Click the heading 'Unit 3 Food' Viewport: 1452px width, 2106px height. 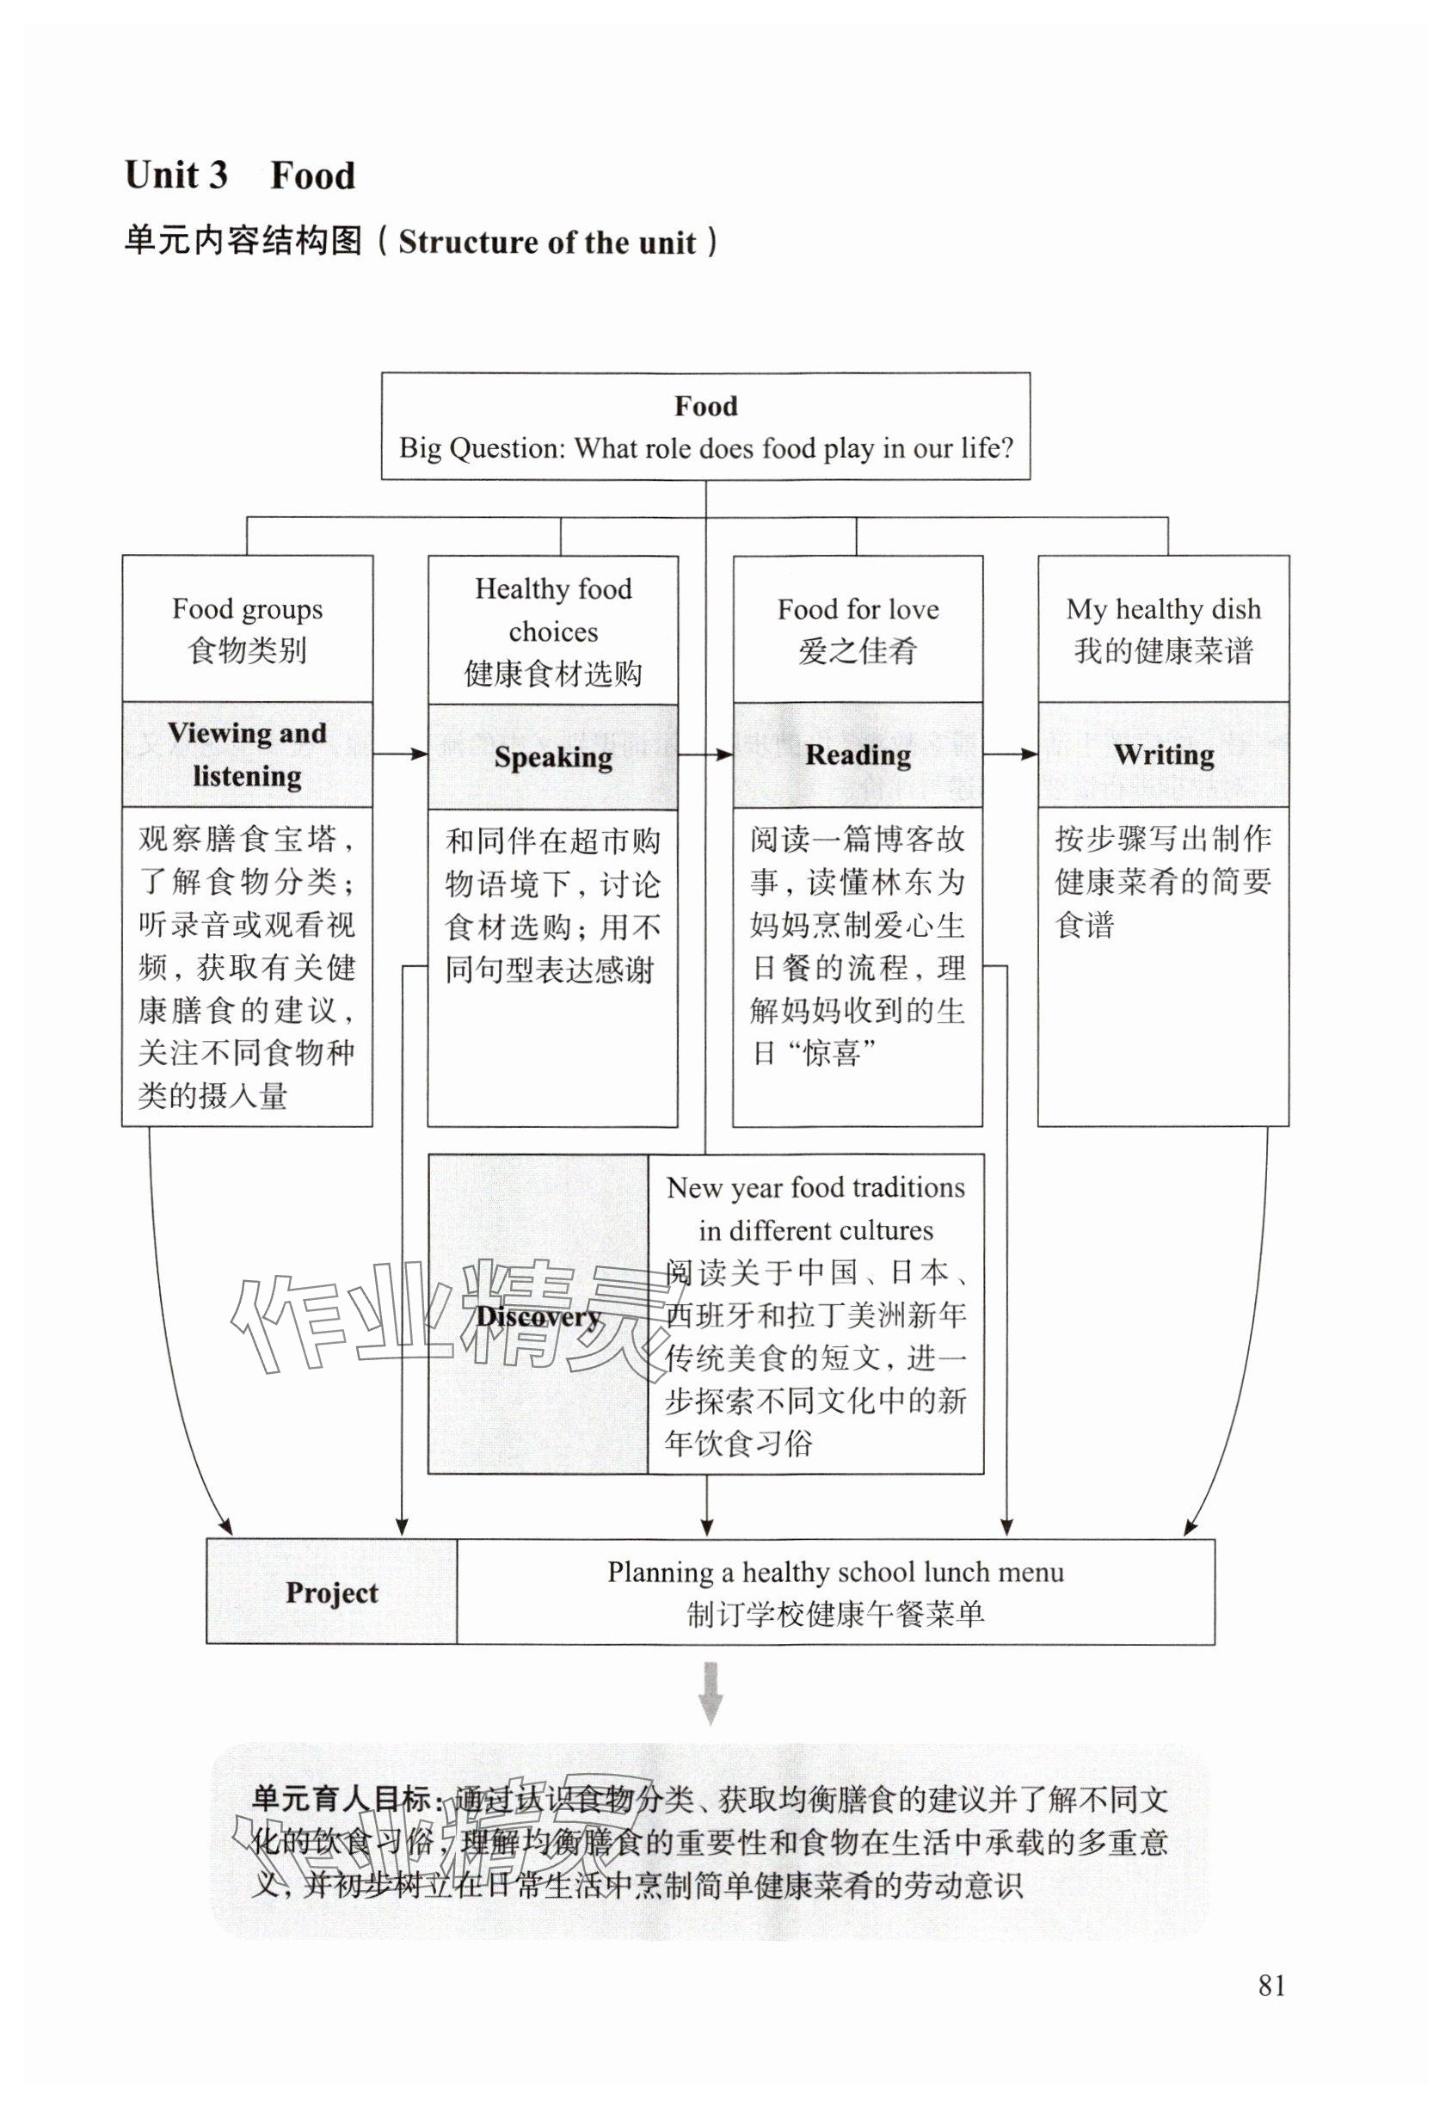pos(239,175)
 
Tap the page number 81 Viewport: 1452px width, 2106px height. pos(1271,1985)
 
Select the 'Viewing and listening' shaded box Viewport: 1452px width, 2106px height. pos(248,754)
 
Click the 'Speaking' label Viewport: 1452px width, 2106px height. pos(553,757)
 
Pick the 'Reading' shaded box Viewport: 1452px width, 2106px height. pos(858,754)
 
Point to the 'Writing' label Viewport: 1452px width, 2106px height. pos(1164,754)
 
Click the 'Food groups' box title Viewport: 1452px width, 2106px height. pos(248,608)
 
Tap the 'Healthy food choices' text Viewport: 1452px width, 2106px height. pos(553,609)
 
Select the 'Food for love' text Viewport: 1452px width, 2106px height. pos(858,608)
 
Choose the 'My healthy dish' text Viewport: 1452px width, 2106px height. pos(1164,608)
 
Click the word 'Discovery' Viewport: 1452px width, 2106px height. pos(538,1315)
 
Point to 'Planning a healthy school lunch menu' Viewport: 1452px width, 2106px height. pos(835,1572)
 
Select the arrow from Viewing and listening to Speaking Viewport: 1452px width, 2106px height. pos(400,754)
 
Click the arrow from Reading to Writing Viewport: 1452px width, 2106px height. pos(1011,754)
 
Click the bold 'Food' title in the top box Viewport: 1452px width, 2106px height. pos(706,406)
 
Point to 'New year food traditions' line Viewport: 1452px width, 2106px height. pos(815,1187)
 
